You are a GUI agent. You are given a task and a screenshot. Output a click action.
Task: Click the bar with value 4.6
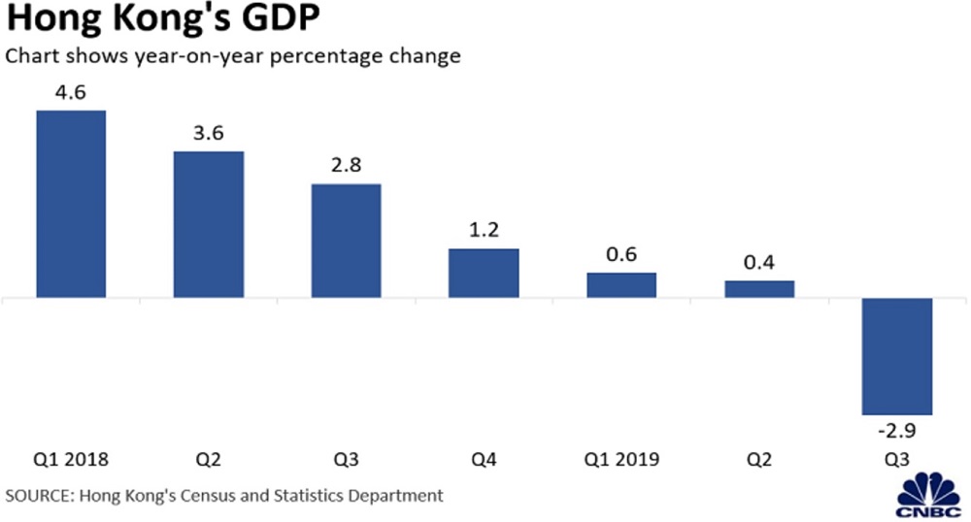[71, 204]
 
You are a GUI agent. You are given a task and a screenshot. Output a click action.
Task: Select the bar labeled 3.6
[209, 224]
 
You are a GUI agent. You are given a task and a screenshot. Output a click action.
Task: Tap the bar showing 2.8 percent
[346, 241]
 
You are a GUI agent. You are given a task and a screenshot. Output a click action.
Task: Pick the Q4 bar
[484, 273]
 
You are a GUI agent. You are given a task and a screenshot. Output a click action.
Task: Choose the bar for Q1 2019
[621, 285]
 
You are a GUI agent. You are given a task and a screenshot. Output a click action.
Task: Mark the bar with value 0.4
[759, 289]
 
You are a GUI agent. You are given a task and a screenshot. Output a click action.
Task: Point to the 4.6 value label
[71, 94]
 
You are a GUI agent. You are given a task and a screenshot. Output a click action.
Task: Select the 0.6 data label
[621, 256]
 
